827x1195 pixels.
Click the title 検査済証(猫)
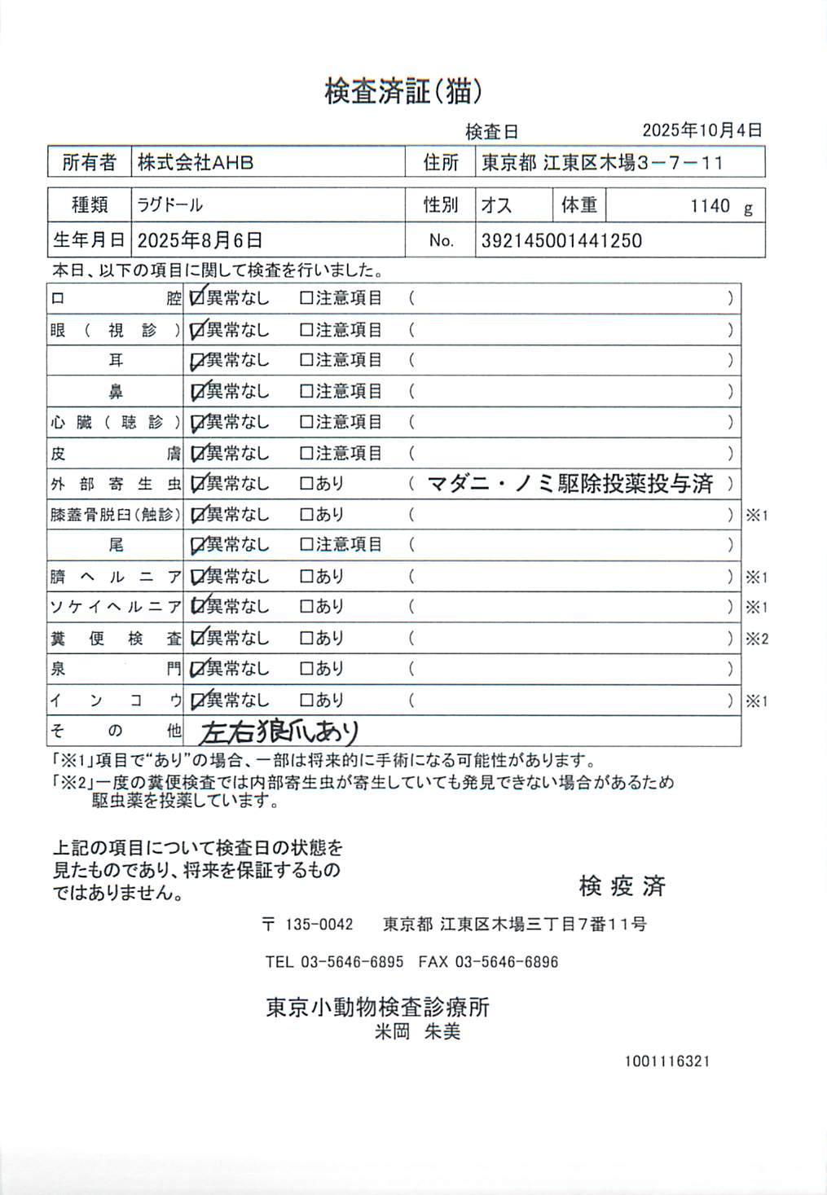[403, 91]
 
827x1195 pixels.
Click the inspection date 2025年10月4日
[702, 130]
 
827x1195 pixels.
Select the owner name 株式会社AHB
[196, 163]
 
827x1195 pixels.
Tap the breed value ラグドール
[169, 205]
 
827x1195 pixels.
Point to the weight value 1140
[710, 206]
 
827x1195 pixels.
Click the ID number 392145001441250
[561, 241]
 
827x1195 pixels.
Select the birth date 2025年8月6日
[200, 241]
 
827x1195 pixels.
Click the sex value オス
[496, 205]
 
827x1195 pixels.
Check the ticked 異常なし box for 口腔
[196, 298]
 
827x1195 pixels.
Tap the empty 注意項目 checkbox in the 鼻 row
[306, 391]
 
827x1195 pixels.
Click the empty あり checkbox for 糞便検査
[306, 638]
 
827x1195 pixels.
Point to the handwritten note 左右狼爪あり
[279, 731]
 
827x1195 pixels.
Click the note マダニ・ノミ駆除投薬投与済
[570, 484]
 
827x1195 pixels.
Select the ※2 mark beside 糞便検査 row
[757, 639]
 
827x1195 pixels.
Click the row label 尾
[116, 545]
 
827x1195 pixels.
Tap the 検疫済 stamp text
[622, 886]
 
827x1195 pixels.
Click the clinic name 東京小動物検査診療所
[377, 1008]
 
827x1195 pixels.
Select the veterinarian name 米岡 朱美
[417, 1032]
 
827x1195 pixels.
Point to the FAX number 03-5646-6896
[506, 962]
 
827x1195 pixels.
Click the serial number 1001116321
[667, 1061]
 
